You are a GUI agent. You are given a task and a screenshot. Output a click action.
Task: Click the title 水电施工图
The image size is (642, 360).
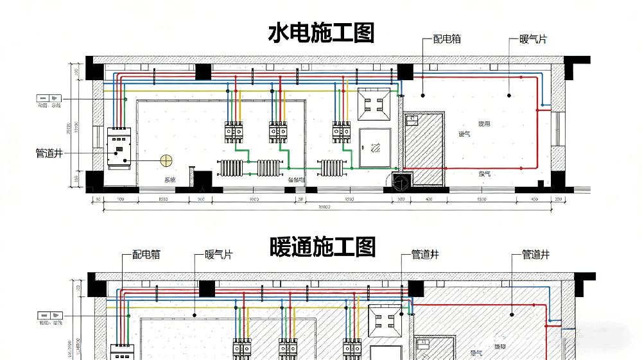click(x=320, y=33)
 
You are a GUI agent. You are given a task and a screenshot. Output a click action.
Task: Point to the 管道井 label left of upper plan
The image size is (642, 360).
click(x=49, y=154)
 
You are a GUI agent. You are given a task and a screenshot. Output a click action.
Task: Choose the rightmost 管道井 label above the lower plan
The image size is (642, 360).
click(x=532, y=255)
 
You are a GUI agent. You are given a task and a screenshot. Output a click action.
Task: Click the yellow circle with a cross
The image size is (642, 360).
click(x=168, y=159)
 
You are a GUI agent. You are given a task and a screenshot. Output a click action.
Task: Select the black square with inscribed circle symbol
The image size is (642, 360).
click(x=401, y=182)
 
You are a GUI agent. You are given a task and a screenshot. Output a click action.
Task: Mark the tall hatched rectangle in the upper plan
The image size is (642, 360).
click(x=423, y=150)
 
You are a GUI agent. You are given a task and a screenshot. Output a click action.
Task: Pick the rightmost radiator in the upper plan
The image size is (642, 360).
click(x=330, y=168)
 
